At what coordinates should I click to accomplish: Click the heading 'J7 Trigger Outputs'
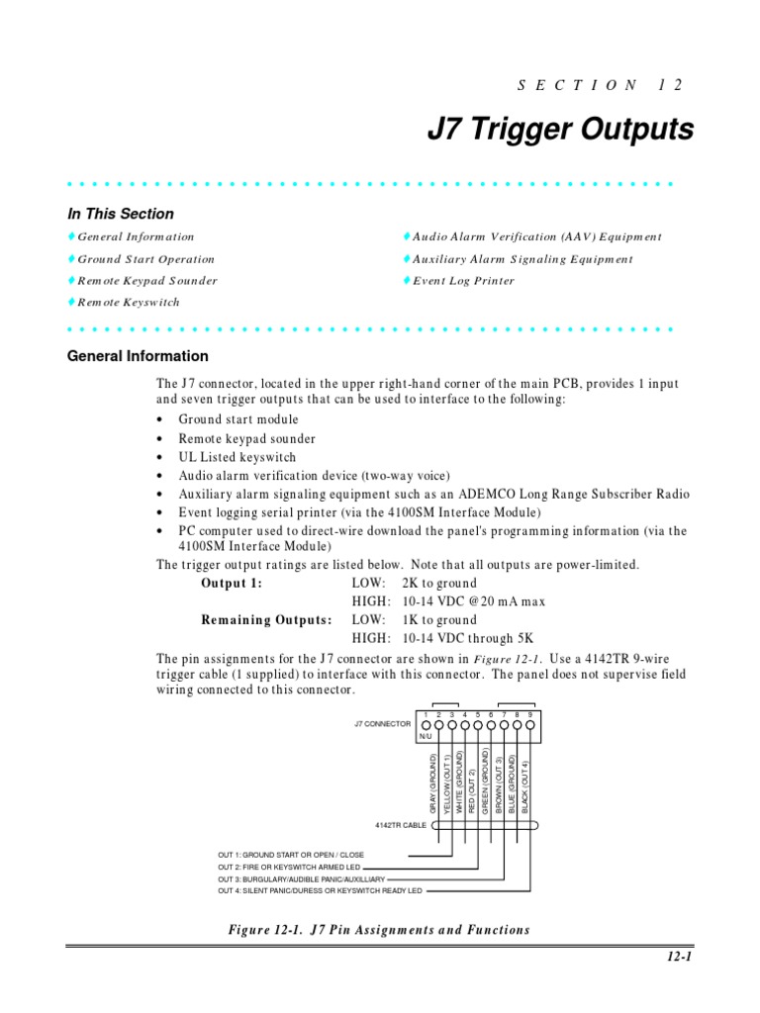click(559, 131)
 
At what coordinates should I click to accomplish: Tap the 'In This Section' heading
click(120, 214)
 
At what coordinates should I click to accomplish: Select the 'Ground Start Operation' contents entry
click(145, 259)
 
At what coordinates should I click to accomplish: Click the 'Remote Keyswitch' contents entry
click(129, 303)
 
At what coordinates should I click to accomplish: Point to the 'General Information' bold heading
click(138, 356)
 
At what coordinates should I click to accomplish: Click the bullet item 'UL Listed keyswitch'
click(237, 457)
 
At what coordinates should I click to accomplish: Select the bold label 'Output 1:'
click(232, 583)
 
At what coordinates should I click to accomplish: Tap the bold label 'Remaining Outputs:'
click(266, 620)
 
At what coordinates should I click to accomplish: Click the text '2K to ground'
click(438, 583)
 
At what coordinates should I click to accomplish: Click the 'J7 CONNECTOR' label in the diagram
click(382, 724)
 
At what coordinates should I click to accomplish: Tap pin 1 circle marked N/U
click(426, 725)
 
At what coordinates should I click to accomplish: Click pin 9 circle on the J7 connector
click(530, 725)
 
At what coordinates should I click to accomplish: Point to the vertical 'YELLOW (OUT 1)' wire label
click(446, 783)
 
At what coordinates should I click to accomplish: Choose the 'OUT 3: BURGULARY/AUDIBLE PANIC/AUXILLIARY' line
click(301, 877)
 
